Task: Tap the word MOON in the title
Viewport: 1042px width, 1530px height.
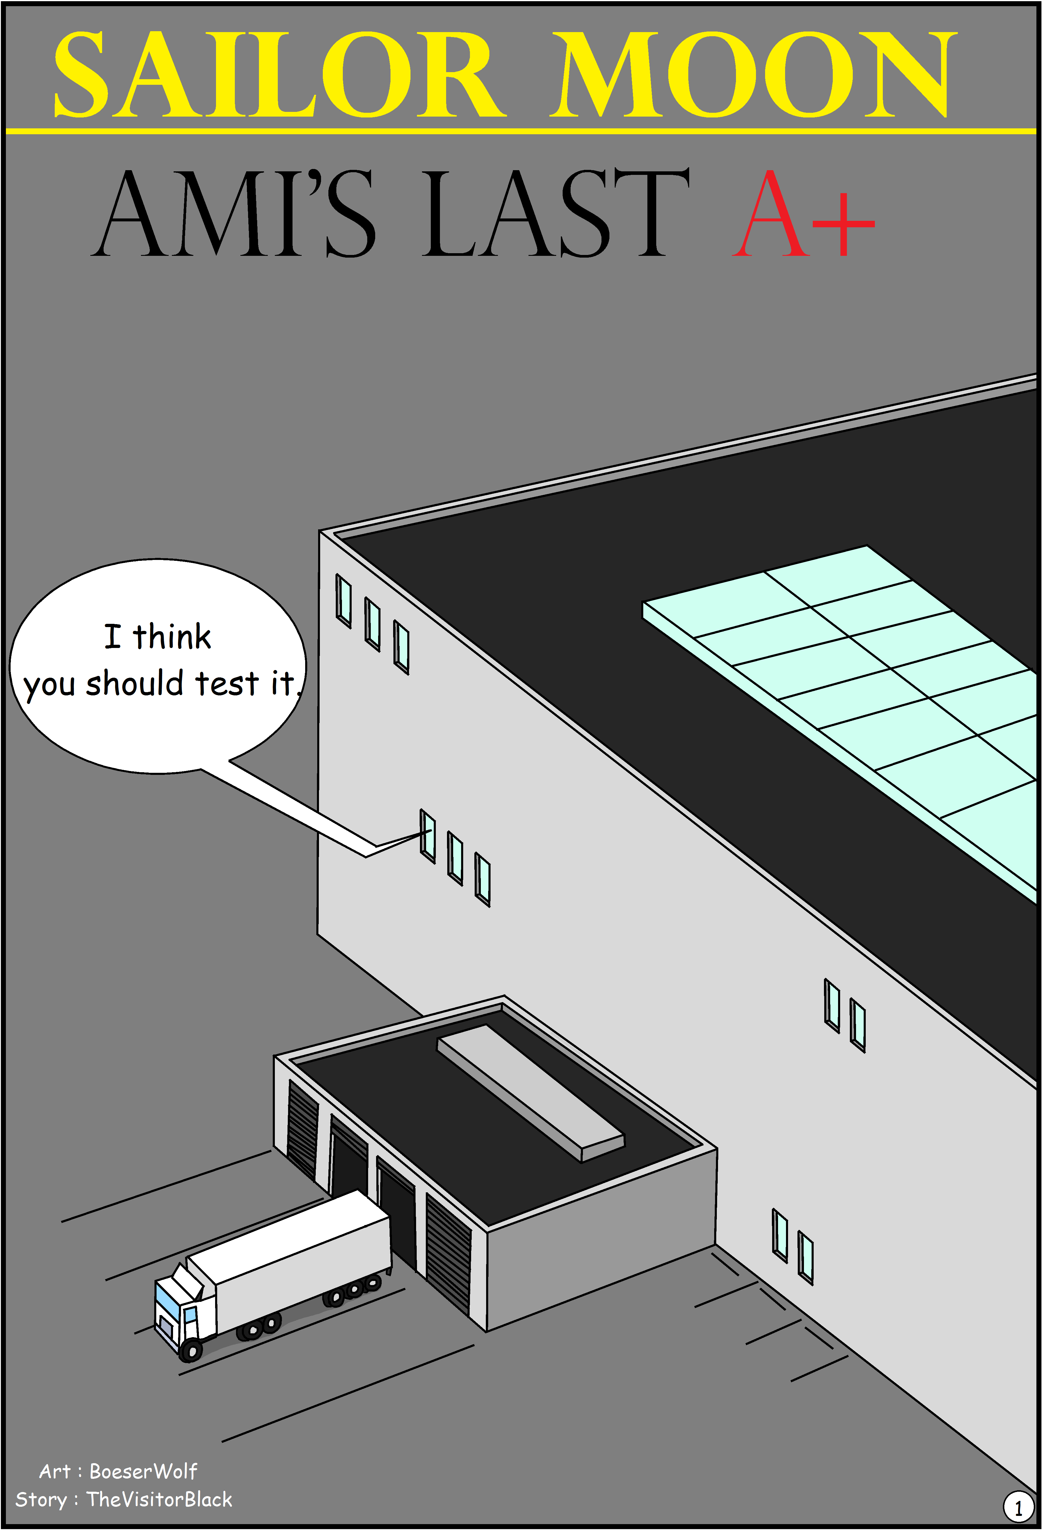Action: (x=754, y=74)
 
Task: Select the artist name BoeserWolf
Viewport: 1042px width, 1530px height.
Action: (x=143, y=1471)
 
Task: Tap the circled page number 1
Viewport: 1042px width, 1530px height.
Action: (x=1018, y=1506)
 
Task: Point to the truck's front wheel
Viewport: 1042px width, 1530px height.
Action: (x=191, y=1351)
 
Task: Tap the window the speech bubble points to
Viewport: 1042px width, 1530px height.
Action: (x=428, y=836)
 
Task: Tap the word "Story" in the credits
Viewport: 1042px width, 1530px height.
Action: (x=41, y=1500)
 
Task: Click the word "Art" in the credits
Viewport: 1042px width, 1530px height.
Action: (x=55, y=1471)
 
